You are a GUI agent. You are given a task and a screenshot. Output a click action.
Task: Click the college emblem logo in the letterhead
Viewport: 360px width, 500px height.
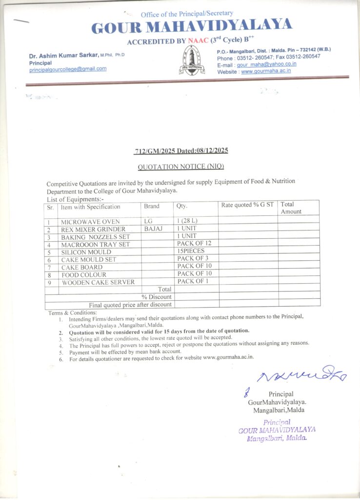coord(191,60)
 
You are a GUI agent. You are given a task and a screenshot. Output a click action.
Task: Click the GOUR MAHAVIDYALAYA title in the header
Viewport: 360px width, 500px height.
coord(192,26)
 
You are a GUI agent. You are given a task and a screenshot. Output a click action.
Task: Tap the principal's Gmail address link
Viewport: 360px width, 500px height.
coord(68,69)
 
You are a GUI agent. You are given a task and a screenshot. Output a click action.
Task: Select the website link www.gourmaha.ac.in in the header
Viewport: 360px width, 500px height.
coord(266,71)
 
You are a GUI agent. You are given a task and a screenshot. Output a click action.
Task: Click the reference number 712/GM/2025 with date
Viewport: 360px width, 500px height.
coord(181,151)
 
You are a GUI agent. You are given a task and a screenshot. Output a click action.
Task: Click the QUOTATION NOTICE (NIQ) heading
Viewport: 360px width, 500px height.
coord(180,167)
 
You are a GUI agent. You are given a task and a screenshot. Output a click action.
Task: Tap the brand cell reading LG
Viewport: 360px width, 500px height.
coord(149,222)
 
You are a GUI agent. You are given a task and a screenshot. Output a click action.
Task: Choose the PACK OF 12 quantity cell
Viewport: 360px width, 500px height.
coord(194,243)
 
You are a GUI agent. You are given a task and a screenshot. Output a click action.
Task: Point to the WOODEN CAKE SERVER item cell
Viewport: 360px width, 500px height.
coord(98,282)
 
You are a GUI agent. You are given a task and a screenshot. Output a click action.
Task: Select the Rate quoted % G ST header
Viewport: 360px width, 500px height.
coord(247,205)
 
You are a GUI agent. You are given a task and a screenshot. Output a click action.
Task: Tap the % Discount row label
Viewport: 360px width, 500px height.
coord(157,297)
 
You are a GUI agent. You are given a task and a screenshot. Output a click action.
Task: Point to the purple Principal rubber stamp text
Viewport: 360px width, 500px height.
coord(277,430)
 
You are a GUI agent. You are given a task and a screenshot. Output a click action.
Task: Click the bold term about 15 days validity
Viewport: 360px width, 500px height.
coord(159,331)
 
